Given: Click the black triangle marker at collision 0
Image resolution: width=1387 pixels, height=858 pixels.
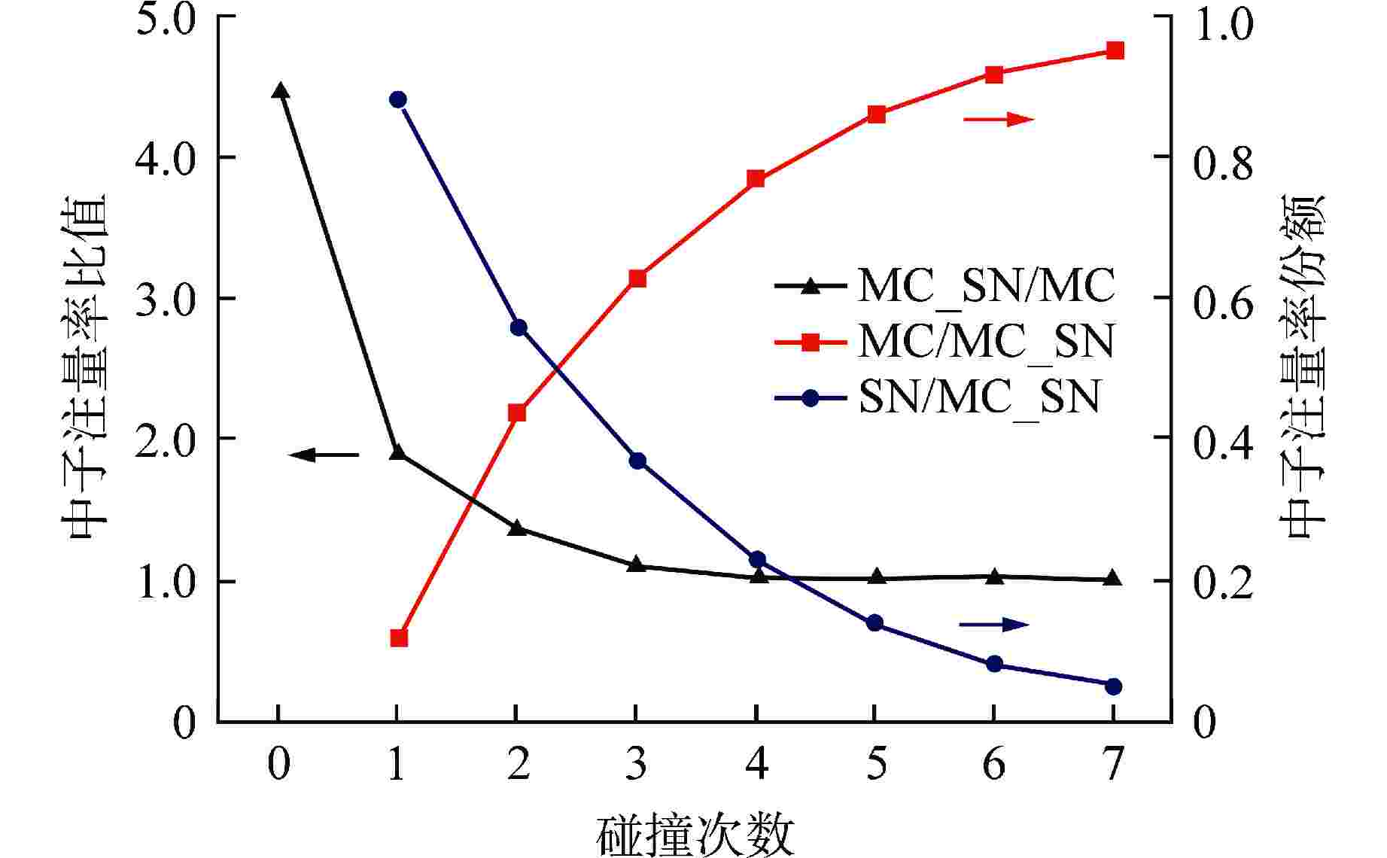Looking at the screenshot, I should pyautogui.click(x=280, y=91).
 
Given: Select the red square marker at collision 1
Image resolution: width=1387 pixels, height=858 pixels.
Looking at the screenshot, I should pyautogui.click(x=399, y=638).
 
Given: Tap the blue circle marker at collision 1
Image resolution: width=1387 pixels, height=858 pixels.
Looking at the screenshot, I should pyautogui.click(x=398, y=99).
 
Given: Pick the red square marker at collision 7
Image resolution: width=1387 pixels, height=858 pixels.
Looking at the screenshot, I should pyautogui.click(x=1115, y=50).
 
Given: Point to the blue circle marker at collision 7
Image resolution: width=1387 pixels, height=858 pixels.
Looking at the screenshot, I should pyautogui.click(x=1115, y=686).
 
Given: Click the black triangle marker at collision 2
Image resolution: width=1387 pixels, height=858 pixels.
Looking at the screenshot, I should pyautogui.click(x=517, y=528).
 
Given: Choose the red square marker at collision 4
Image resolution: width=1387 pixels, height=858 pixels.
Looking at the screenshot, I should pyautogui.click(x=756, y=178).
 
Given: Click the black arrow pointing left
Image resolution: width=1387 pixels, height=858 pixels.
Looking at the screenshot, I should pyautogui.click(x=324, y=455).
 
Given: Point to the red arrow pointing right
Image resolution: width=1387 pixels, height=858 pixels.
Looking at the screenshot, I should pyautogui.click(x=999, y=119).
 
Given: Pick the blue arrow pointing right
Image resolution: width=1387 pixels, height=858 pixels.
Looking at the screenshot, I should pyautogui.click(x=993, y=624).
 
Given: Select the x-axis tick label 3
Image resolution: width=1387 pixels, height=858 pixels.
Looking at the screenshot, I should pyautogui.click(x=637, y=765).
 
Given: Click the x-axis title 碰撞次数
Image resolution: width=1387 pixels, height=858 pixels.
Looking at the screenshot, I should pyautogui.click(x=696, y=835).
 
